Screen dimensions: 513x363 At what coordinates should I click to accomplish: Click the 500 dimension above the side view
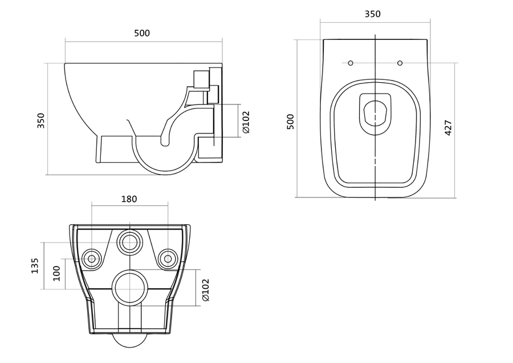tap(142, 33)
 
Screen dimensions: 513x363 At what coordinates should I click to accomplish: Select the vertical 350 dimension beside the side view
tap(40, 120)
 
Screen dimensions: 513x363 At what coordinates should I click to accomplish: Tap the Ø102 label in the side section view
tap(246, 122)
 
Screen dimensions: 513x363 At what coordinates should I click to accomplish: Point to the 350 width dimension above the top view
tap(373, 14)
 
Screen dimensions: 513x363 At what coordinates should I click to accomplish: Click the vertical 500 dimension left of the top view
tap(290, 122)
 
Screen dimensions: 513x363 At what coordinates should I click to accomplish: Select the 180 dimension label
tap(129, 199)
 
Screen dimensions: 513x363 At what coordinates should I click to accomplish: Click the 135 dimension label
tap(35, 266)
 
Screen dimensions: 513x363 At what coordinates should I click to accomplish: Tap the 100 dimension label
tap(56, 273)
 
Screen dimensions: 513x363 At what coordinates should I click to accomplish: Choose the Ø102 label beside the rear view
tap(205, 290)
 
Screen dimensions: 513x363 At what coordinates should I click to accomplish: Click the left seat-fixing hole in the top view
tap(351, 63)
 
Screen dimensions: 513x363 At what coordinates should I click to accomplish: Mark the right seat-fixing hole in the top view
tap(400, 63)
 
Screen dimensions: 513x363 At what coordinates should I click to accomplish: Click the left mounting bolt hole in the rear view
tap(92, 259)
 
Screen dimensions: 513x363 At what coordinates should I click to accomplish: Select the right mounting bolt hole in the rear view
tap(168, 259)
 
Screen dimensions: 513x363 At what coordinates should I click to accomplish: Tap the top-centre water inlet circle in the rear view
tap(130, 243)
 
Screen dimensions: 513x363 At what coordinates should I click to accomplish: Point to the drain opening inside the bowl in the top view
tap(375, 114)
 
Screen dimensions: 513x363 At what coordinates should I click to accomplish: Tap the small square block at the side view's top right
tap(201, 79)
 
